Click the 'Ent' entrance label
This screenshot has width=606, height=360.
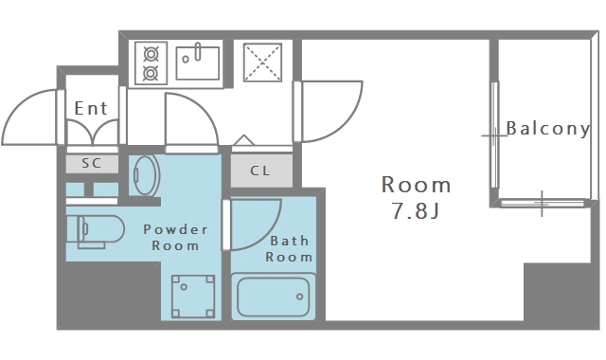pyautogui.click(x=91, y=108)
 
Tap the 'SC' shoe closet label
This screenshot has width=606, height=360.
pyautogui.click(x=92, y=163)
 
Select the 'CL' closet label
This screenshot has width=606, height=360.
pyautogui.click(x=260, y=171)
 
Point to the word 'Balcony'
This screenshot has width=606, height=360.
pyautogui.click(x=548, y=129)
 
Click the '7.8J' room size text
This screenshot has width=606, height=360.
pyautogui.click(x=416, y=211)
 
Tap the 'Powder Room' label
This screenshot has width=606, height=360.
pyautogui.click(x=175, y=238)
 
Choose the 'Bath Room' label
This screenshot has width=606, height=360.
pyautogui.click(x=289, y=249)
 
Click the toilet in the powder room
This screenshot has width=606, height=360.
pyautogui.click(x=96, y=231)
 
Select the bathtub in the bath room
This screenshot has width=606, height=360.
pyautogui.click(x=274, y=297)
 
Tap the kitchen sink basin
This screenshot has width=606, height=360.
pyautogui.click(x=198, y=63)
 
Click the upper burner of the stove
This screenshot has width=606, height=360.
pyautogui.click(x=151, y=54)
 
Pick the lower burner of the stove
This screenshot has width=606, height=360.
pyautogui.click(x=151, y=73)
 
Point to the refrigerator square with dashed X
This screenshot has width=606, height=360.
pyautogui.click(x=262, y=63)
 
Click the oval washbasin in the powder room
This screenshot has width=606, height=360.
pyautogui.click(x=147, y=176)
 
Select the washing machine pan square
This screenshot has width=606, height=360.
pyautogui.click(x=193, y=297)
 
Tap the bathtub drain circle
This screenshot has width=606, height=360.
pyautogui.click(x=299, y=297)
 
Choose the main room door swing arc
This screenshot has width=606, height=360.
pyautogui.click(x=345, y=123)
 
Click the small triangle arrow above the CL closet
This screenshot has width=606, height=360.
pyautogui.click(x=243, y=140)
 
